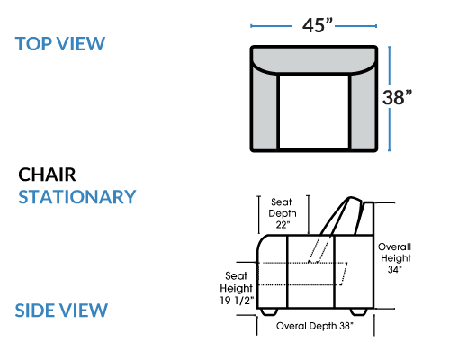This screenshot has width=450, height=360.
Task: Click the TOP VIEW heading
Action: pyautogui.click(x=60, y=44)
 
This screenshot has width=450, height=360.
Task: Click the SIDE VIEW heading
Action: pyautogui.click(x=61, y=310)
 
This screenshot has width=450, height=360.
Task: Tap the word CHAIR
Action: pyautogui.click(x=47, y=175)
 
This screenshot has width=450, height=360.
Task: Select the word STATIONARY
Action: pyautogui.click(x=77, y=197)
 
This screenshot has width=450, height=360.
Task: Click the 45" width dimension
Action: pyautogui.click(x=318, y=25)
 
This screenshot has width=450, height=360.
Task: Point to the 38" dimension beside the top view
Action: pyautogui.click(x=397, y=97)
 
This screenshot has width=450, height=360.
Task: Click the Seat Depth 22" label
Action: pyautogui.click(x=283, y=213)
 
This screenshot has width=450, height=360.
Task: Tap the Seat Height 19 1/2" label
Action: pyautogui.click(x=237, y=288)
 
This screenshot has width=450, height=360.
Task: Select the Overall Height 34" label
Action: pyautogui.click(x=394, y=258)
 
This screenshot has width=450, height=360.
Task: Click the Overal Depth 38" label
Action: pyautogui.click(x=315, y=326)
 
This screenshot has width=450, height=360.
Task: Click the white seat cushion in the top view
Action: pyautogui.click(x=314, y=112)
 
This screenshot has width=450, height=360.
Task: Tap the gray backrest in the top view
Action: pyautogui.click(x=314, y=59)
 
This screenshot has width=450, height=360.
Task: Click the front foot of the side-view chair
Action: pyautogui.click(x=269, y=311)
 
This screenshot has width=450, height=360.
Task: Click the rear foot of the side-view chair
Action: pyautogui.click(x=359, y=311)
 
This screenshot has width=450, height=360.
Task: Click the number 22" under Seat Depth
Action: pyautogui.click(x=283, y=224)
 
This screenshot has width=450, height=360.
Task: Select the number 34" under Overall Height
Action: pyautogui.click(x=394, y=269)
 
